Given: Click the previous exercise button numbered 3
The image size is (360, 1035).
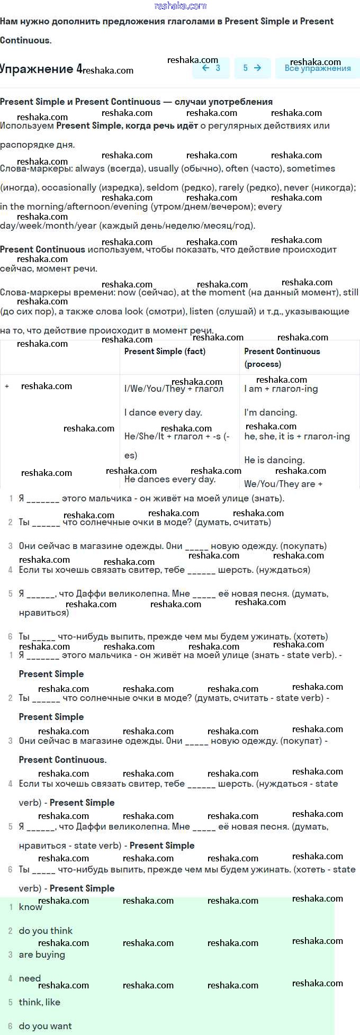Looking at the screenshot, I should coord(211,68).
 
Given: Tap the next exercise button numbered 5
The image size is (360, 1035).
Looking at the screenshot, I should coord(252,68).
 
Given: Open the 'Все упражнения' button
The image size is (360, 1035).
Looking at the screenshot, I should coord(317,68).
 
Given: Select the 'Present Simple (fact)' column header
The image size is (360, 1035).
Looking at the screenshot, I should coord(165,352).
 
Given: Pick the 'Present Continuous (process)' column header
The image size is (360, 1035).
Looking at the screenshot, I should coord(282,357).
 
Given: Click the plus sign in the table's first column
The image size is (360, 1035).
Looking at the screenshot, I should coord(7,386).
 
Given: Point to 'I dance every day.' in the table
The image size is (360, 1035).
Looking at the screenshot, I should coord(163,412).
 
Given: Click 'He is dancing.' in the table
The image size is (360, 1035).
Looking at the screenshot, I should coord(274,460).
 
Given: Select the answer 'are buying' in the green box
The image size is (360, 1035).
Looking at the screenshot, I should coord(42,955).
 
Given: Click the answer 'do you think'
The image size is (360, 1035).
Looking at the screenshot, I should coord(46,931).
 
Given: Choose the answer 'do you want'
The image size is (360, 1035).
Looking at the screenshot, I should coord(45,1026).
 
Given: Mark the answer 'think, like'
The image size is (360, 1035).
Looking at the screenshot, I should coord(40,1002).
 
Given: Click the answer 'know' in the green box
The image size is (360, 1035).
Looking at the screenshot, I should coord(30,907).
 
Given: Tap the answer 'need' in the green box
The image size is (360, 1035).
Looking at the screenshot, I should coord(30,978).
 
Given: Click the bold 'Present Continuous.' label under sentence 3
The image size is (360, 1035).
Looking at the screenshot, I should coord(62,760).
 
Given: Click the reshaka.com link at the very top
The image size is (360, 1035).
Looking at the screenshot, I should coord(180,6).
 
